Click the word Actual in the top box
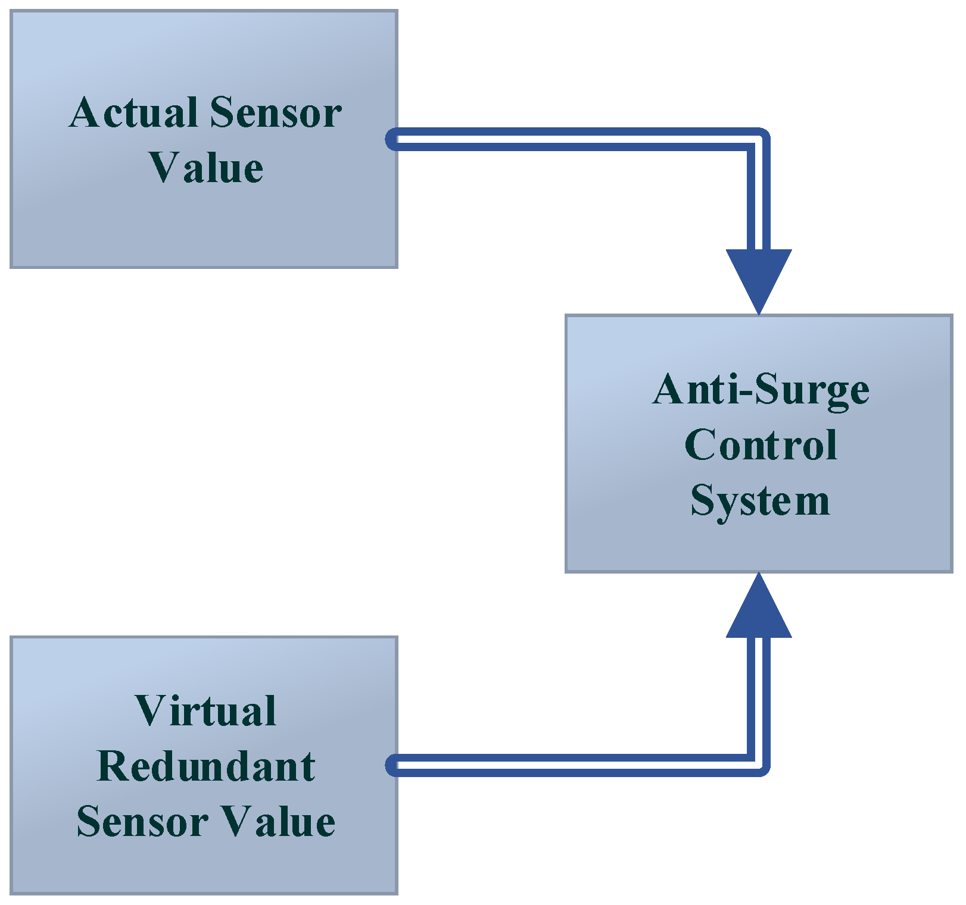133,113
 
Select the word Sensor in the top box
275,113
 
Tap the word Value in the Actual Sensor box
206,168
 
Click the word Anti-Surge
761,390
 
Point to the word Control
761,445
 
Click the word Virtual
205,711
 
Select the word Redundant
205,766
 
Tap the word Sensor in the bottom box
142,822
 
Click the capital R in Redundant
114,766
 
